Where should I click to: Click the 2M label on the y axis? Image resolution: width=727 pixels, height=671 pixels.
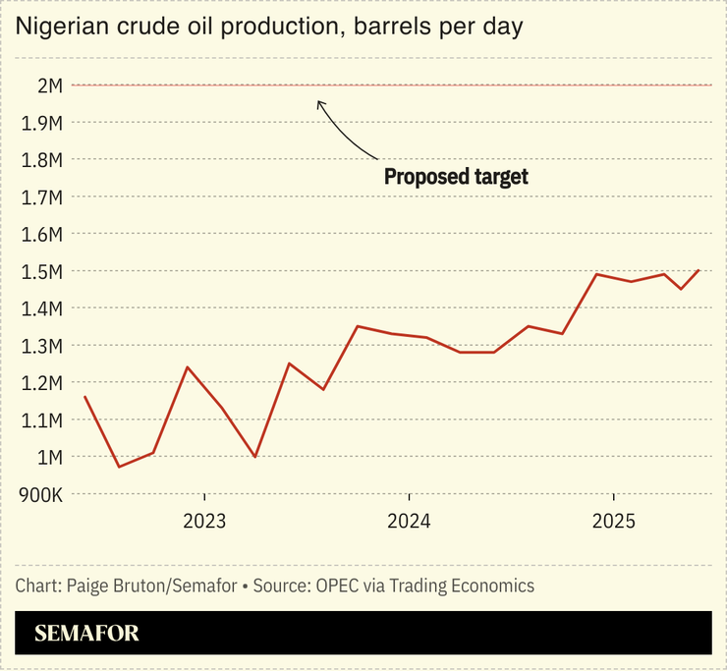[50, 85]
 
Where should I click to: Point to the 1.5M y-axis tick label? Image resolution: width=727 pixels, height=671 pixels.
[41, 271]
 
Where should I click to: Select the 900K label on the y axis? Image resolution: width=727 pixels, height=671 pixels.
[41, 494]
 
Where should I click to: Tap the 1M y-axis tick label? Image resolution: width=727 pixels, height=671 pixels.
[50, 457]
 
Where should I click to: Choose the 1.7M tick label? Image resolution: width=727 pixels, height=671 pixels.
[41, 196]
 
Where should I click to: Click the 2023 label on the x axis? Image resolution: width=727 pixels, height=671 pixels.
[204, 520]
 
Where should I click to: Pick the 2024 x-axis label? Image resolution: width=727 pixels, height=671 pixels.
[409, 520]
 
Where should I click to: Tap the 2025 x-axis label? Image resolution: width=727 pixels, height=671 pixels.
[613, 520]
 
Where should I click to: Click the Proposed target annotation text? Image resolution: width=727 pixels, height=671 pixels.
[456, 177]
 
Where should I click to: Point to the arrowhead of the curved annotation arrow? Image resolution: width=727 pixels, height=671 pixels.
[318, 100]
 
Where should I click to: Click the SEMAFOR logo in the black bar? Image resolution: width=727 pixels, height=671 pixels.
[86, 634]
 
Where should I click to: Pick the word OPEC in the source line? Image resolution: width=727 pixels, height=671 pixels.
[336, 586]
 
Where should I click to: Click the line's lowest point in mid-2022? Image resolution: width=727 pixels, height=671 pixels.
[119, 467]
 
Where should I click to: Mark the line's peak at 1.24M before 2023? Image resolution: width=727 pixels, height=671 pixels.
[187, 367]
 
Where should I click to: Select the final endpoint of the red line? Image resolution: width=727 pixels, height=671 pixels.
[699, 270]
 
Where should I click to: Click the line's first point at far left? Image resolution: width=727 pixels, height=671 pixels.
[84, 397]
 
